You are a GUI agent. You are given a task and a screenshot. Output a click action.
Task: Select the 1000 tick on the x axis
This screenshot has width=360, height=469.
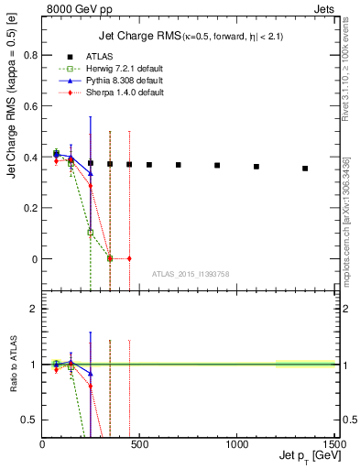[236, 443]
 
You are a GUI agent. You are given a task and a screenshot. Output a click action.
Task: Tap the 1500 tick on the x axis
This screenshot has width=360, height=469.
[333, 443]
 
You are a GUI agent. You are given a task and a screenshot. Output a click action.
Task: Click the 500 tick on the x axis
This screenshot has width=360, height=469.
[139, 443]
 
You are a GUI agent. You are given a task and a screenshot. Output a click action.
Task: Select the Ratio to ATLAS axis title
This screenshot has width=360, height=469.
[12, 365]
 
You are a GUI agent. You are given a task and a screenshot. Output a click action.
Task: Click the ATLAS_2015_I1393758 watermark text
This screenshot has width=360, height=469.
[190, 273]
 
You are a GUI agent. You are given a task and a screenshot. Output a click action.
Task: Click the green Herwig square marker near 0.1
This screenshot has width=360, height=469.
[91, 233]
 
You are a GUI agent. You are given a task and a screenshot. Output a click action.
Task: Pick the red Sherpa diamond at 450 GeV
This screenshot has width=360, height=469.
[129, 258]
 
